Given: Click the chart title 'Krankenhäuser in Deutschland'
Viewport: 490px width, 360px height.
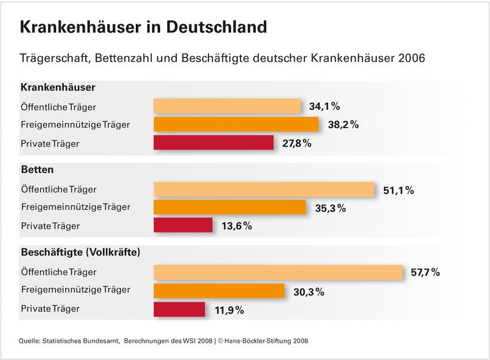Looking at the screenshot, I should [143, 27].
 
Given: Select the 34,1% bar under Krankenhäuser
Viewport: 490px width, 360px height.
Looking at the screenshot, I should [227, 106].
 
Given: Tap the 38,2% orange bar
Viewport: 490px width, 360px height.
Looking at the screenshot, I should [236, 124].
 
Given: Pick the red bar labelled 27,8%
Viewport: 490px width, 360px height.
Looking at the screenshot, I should [213, 143].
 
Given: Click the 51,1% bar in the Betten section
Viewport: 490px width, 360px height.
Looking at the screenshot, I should [264, 190].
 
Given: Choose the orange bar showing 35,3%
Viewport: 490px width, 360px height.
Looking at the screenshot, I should [230, 207].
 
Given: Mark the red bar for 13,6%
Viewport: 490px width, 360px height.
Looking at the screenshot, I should [183, 225].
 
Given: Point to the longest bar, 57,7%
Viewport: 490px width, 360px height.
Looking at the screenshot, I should [278, 272].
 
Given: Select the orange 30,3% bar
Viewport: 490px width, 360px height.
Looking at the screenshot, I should [219, 291].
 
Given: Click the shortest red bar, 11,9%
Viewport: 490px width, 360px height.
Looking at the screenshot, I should [179, 310].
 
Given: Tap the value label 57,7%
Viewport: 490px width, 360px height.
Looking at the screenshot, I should [426, 273].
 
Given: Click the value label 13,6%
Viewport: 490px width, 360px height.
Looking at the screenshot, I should [236, 226].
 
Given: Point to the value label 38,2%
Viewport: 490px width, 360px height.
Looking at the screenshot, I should [343, 125].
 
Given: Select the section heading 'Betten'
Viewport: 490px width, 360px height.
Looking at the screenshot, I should [37, 170].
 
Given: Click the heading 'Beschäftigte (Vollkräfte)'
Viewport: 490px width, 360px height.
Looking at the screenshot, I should [80, 253].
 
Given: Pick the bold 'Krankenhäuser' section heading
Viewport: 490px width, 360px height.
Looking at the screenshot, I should [58, 87].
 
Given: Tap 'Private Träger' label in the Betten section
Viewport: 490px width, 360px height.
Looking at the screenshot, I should [50, 226].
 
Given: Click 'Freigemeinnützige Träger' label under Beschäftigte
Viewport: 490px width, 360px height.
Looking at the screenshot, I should [75, 290].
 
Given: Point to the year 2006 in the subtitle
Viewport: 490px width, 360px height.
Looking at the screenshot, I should [410, 58].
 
